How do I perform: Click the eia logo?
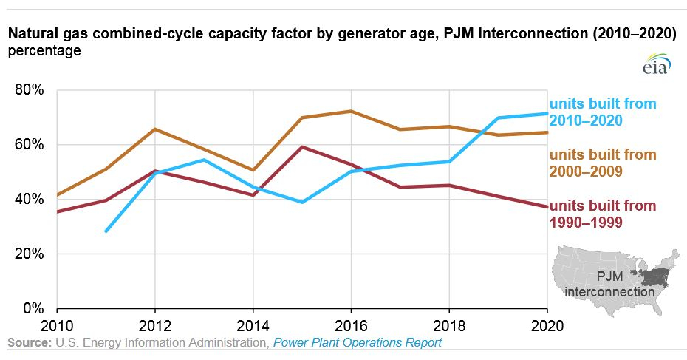point(657,64)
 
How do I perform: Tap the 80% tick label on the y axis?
point(30,90)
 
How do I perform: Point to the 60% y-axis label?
point(30,144)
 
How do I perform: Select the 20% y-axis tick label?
point(30,254)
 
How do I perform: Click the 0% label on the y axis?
point(33,308)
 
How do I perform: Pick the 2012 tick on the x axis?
point(154,326)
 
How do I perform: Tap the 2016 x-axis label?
point(351,326)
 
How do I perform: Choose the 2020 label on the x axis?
point(547,326)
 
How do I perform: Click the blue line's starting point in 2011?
point(106,231)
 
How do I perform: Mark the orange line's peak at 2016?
point(351,111)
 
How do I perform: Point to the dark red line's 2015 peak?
point(302,147)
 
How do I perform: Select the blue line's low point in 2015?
point(302,202)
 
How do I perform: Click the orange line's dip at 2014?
point(253,170)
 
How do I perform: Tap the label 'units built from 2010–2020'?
point(603,112)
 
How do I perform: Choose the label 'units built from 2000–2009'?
point(603,163)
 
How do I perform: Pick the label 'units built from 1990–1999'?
point(603,214)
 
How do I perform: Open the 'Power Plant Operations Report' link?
point(358,342)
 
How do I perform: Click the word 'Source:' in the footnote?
point(30,342)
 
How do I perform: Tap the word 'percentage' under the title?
point(44,51)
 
